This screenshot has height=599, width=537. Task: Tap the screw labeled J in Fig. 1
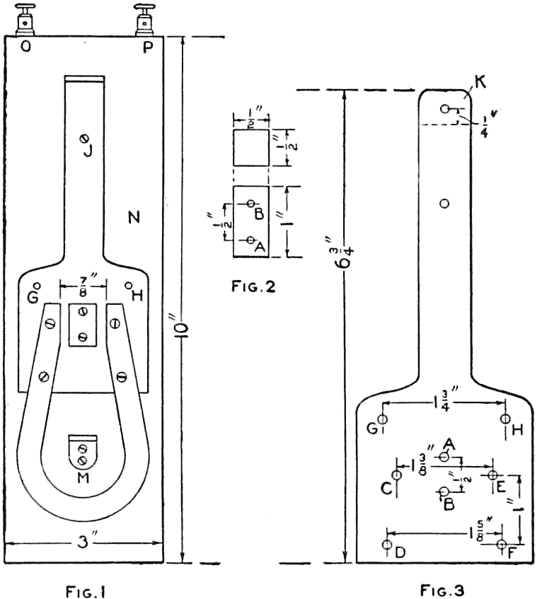85,138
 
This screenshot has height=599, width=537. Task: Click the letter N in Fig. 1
132,216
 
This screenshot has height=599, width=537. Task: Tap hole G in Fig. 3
383,419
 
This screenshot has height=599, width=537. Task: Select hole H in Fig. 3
505,419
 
